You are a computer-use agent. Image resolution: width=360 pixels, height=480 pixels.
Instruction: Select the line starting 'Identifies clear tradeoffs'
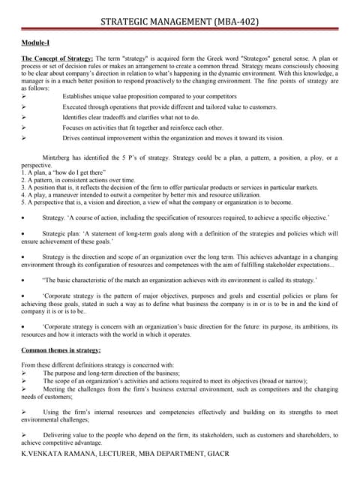(130, 118)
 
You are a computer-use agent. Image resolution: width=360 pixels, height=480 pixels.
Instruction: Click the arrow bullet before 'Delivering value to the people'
(24, 434)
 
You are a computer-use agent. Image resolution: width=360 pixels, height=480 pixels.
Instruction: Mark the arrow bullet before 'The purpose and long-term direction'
(24, 372)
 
